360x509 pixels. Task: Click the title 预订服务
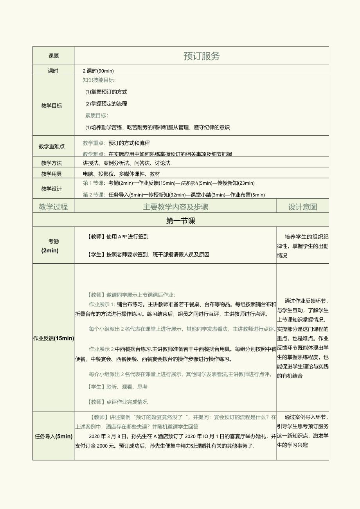click(202, 56)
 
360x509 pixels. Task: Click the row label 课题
click(54, 56)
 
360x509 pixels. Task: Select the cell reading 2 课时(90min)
click(98, 71)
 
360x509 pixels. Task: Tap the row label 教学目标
click(51, 106)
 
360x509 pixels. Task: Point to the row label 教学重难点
click(52, 146)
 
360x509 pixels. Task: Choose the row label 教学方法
click(51, 163)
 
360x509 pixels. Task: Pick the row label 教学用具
click(51, 174)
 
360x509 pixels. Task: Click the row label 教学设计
click(51, 189)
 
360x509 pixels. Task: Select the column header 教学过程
click(54, 207)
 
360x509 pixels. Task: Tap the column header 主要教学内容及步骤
click(176, 207)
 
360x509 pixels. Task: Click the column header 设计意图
click(302, 207)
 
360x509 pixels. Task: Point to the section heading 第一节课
click(180, 221)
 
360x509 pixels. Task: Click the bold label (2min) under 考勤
click(50, 251)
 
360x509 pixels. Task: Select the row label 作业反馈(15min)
click(54, 338)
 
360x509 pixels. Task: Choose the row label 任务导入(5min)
click(54, 436)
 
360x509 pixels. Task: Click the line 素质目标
click(97, 115)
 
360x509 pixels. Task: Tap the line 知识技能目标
click(99, 80)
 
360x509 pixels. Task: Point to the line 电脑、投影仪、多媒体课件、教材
click(121, 174)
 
